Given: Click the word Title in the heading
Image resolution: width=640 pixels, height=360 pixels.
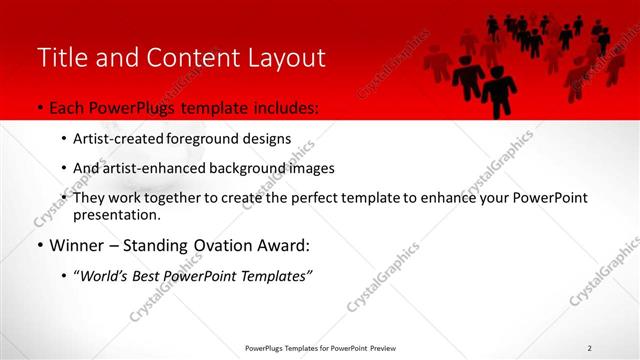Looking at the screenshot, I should point(63,58).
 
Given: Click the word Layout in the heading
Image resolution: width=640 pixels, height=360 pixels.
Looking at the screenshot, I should point(280,58).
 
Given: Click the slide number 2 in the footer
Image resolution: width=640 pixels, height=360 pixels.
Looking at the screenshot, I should point(590,348).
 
